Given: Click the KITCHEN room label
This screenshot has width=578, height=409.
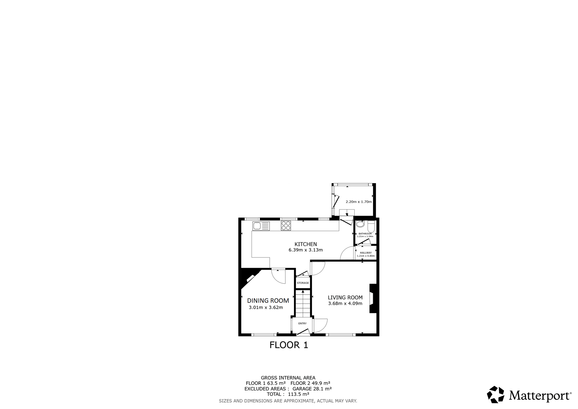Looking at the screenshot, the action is tap(306, 244).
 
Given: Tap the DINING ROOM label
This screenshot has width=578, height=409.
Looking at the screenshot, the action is tap(268, 301).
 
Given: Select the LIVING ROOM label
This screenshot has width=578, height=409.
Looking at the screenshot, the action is tap(345, 297).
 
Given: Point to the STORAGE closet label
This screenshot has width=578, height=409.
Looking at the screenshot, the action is tap(303, 283).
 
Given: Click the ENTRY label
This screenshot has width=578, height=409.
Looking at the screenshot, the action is tap(302, 323).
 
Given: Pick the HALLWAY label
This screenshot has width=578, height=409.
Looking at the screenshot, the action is tap(366, 253).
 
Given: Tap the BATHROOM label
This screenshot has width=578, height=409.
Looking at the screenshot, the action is tap(365, 234).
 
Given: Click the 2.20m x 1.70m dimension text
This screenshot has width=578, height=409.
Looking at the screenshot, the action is tap(359, 202).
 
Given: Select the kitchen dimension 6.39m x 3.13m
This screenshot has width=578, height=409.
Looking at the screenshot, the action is tap(306, 250).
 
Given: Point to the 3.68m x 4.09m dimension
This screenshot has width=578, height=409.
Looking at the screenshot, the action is tap(345, 304).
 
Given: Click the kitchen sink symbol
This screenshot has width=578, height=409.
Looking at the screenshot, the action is tap(261, 226).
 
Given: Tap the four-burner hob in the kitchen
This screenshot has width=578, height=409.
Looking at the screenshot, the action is tap(286, 226).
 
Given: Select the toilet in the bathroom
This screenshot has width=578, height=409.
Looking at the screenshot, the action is tap(371, 227).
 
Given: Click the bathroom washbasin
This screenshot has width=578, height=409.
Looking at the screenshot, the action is tap(360, 224).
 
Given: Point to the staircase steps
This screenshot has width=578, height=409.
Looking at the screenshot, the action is tap(303, 304).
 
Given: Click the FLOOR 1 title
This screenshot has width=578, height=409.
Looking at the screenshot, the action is tap(289, 345).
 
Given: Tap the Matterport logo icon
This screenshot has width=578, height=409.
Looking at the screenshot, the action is tap(496, 394).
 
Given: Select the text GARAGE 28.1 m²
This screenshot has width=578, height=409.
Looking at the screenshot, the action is tap(312, 389).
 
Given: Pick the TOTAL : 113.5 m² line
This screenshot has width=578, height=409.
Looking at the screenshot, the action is tap(288, 394).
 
